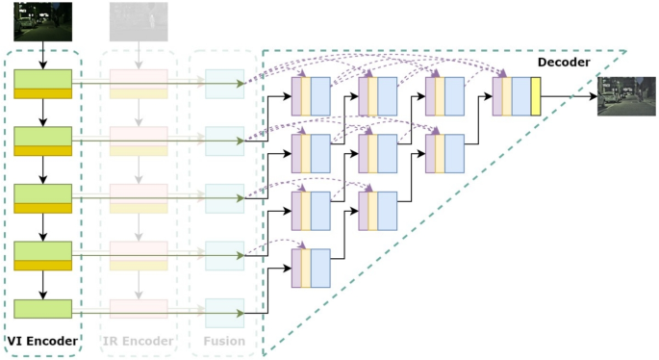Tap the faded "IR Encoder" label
click(x=139, y=340)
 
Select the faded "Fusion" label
click(x=223, y=340)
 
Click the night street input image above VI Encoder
click(x=43, y=21)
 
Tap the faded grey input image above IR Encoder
click(x=139, y=21)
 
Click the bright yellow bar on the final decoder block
click(x=536, y=96)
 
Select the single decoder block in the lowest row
click(x=311, y=268)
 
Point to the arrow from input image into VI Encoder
click(x=43, y=56)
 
